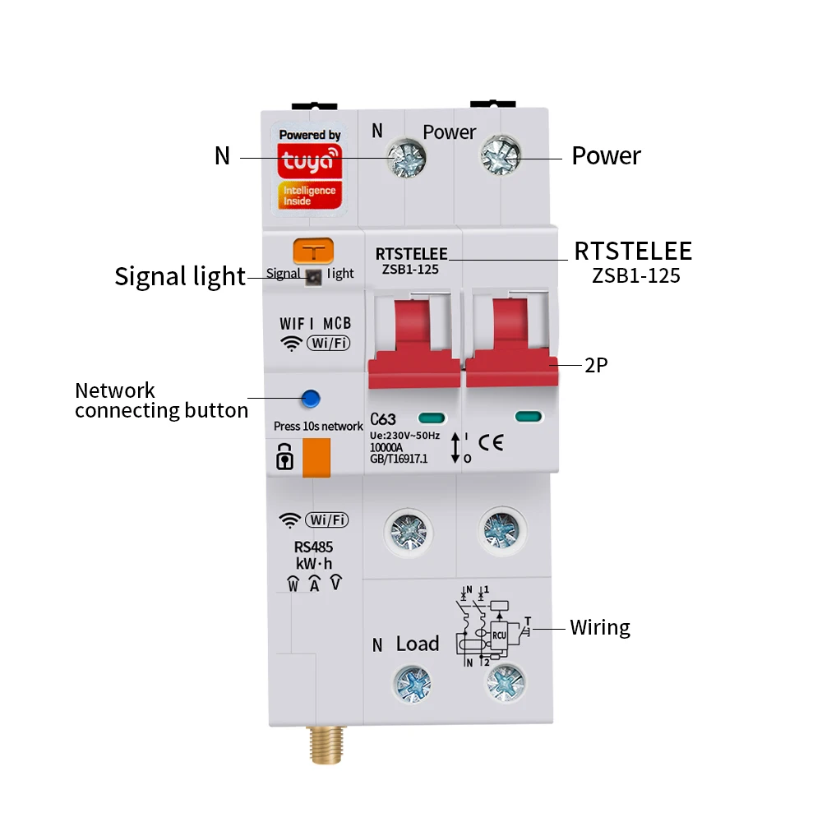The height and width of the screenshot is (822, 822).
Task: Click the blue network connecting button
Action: click(310, 399)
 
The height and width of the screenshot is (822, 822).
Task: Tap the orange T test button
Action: click(313, 251)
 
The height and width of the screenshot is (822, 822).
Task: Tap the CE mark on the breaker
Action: click(491, 443)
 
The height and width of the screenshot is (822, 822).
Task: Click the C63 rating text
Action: click(383, 419)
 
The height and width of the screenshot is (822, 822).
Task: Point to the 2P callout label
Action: click(596, 366)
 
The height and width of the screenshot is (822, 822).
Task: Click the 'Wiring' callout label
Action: click(600, 628)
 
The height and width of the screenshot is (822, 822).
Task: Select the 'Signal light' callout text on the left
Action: click(180, 276)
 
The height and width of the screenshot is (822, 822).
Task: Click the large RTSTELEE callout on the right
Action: click(633, 251)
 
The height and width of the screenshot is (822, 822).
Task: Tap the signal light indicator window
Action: click(313, 278)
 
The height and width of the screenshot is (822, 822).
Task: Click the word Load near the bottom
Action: click(418, 644)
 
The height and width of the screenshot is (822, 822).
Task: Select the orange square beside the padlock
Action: click(316, 457)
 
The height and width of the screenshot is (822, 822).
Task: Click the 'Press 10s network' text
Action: click(318, 426)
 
